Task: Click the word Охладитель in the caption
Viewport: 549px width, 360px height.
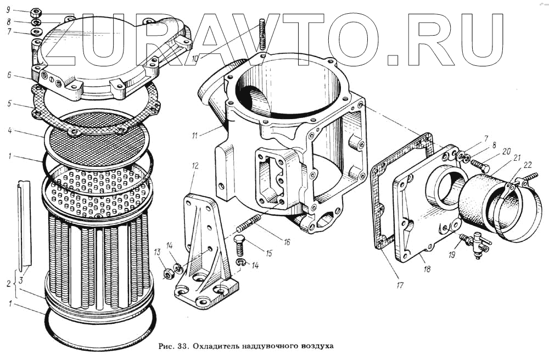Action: (x=216, y=346)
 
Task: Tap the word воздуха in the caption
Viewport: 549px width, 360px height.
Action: (x=316, y=346)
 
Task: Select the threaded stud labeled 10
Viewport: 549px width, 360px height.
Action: (x=262, y=33)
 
